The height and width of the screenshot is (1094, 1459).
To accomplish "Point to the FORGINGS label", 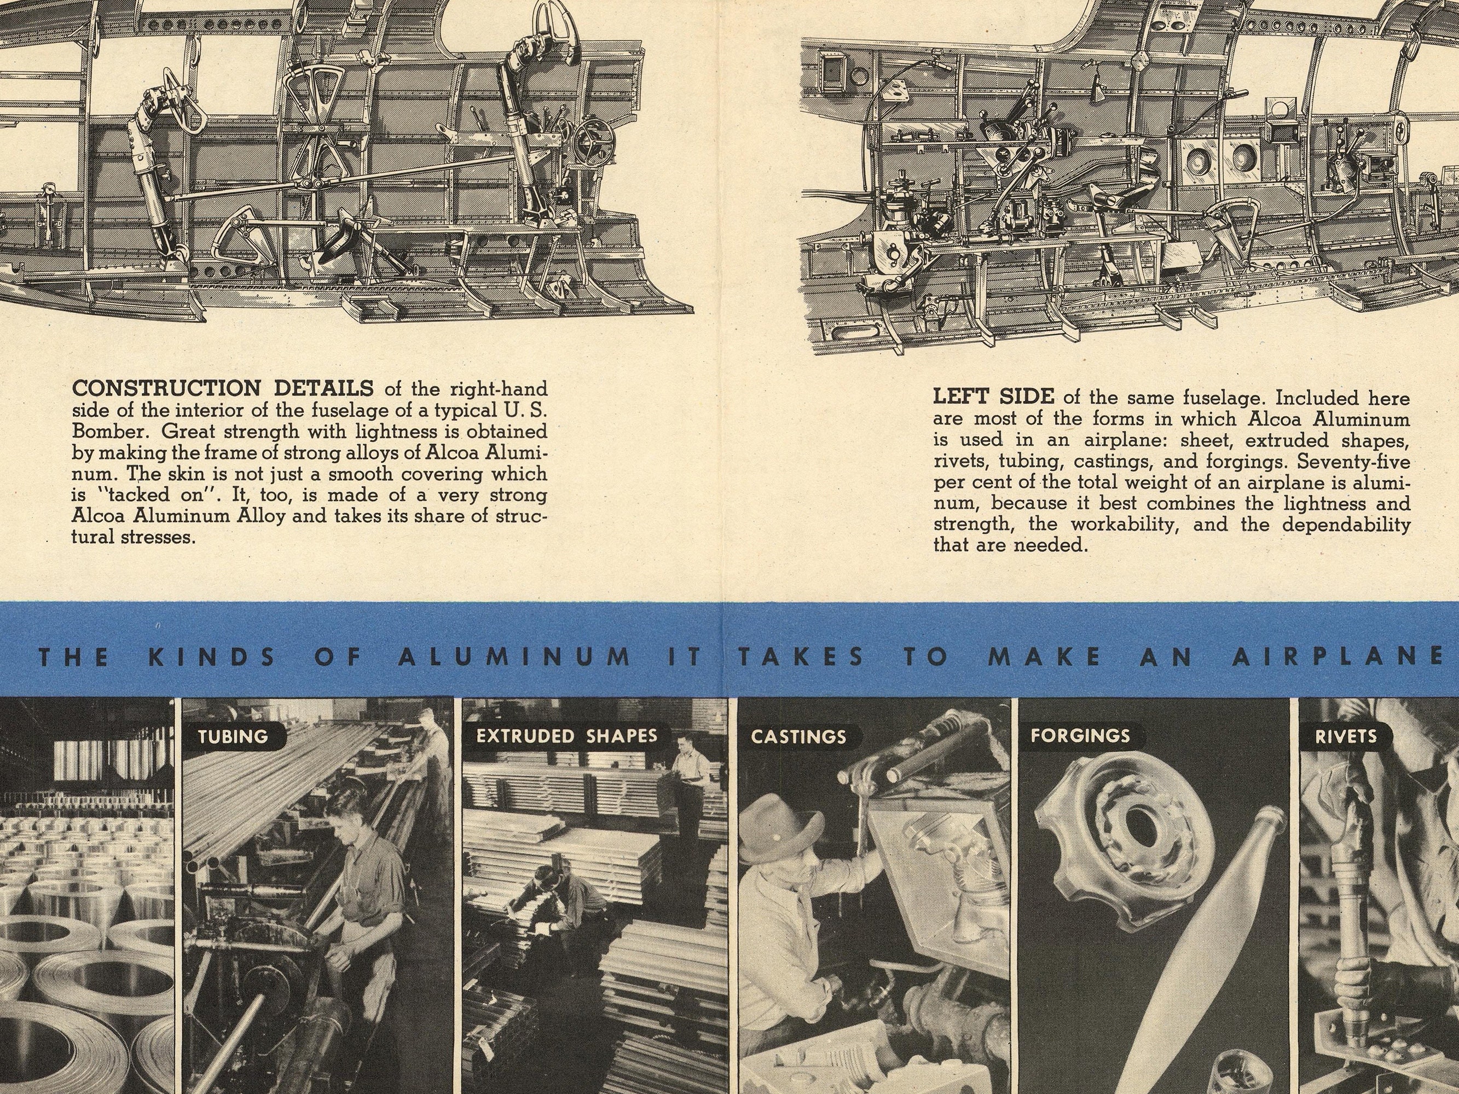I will tap(1080, 736).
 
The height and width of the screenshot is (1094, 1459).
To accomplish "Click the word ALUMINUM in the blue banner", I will tap(514, 657).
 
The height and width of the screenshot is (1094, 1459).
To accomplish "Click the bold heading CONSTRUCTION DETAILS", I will tap(223, 388).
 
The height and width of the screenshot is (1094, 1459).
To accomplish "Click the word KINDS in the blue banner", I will tap(212, 657).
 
